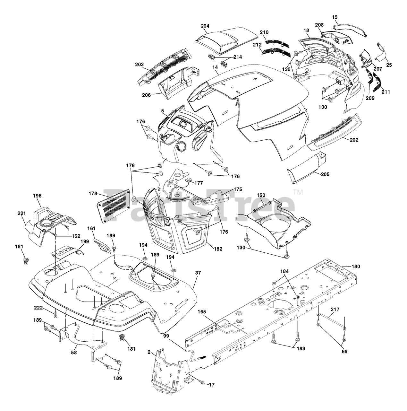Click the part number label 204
pos(205,26)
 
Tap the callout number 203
pos(139,65)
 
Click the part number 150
pos(261,195)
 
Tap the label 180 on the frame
pos(356,266)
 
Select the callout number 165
pos(202,311)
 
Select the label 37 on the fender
pos(199,273)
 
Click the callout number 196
pos(37,196)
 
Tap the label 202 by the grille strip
pos(354,140)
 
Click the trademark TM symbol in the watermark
pos(298,193)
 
